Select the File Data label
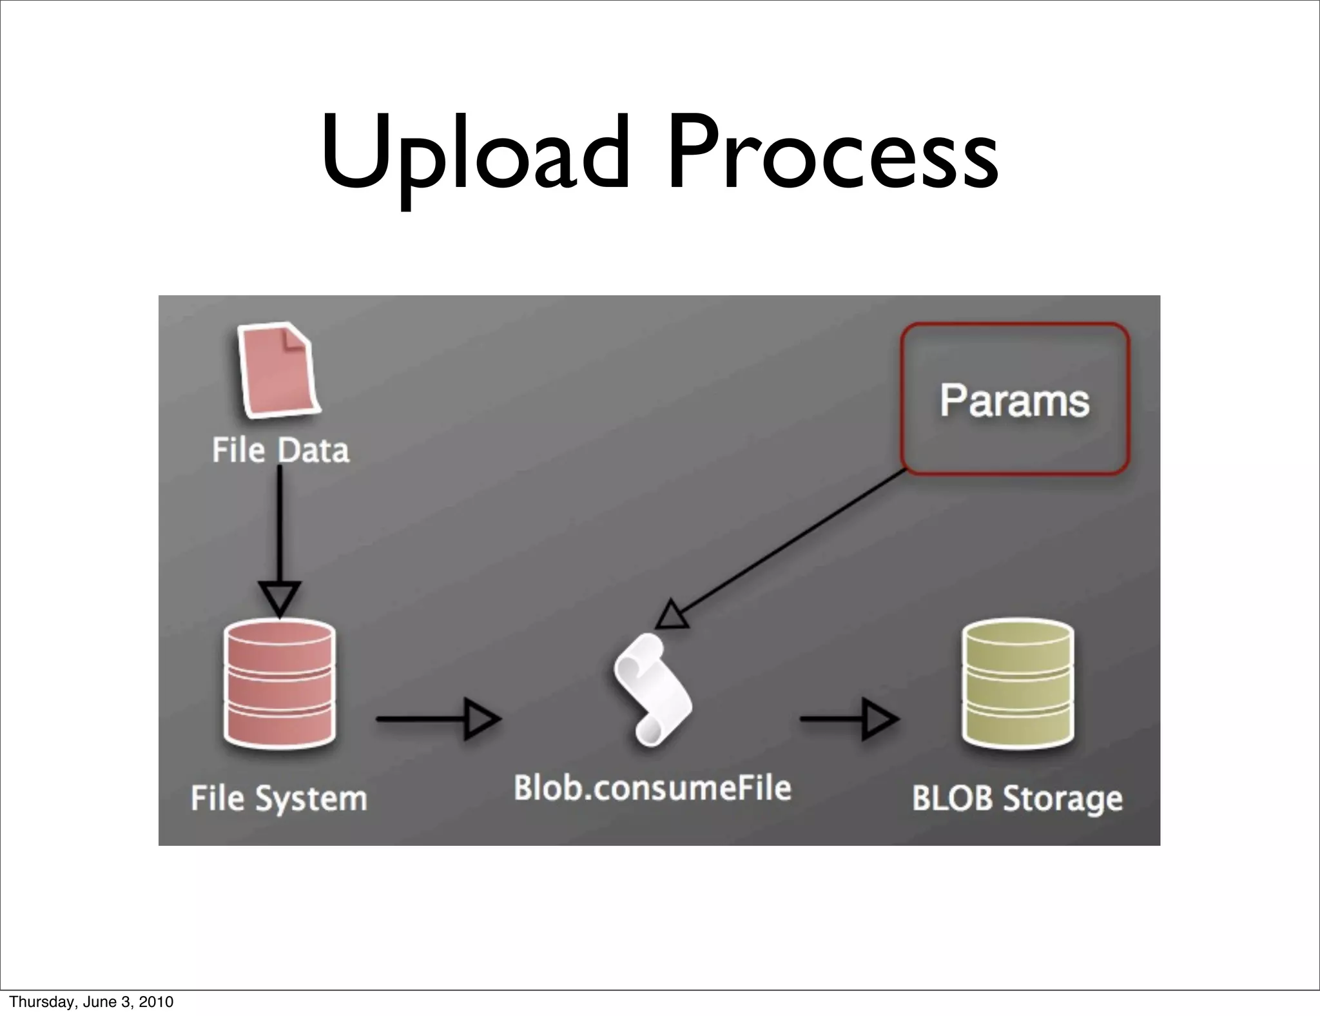coord(281,450)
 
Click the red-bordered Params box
coord(1014,399)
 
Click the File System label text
coord(279,798)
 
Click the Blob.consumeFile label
coord(652,788)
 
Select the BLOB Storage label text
coord(1017,798)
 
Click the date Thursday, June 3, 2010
coord(91,1002)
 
